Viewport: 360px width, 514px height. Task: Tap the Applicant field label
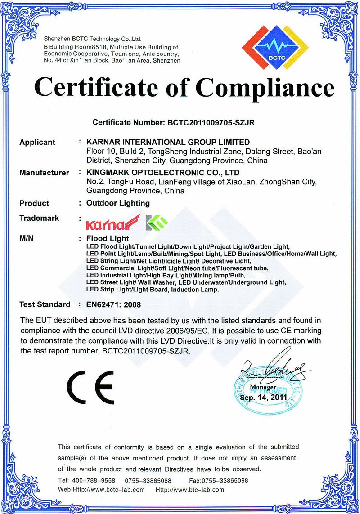(x=37, y=143)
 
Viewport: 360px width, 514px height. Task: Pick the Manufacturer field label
(x=44, y=173)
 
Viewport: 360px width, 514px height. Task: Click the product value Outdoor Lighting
(x=118, y=203)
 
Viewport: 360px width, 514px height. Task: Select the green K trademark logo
(x=157, y=221)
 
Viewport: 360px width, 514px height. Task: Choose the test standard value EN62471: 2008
(x=113, y=304)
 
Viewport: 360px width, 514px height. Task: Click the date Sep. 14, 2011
(x=263, y=398)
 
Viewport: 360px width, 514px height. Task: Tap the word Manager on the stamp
(x=263, y=387)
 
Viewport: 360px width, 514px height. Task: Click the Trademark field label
(x=39, y=218)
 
